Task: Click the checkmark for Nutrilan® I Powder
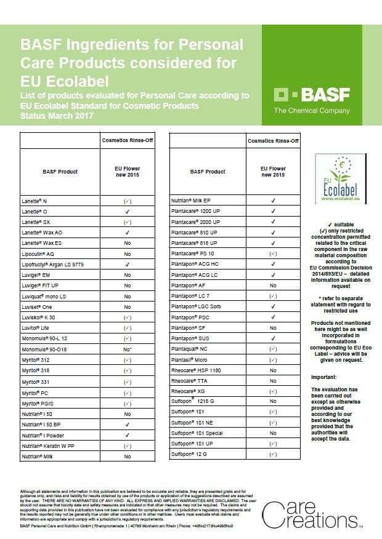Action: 127,435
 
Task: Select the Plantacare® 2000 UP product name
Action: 196,222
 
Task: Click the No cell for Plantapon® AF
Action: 272,286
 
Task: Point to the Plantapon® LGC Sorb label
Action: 197,306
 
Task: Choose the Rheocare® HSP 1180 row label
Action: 196,370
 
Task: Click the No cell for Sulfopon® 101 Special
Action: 272,433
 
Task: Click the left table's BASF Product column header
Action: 60,172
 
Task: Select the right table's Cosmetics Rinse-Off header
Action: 273,141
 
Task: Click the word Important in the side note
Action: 323,377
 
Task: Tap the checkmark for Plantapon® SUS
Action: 272,338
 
